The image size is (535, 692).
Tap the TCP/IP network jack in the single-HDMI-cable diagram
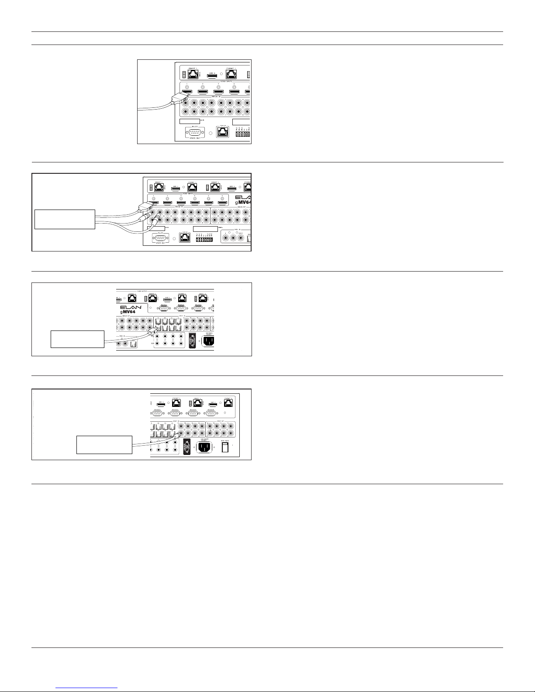pos(223,131)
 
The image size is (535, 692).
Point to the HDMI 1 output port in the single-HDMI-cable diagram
pos(212,76)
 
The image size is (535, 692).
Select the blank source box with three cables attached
pos(65,219)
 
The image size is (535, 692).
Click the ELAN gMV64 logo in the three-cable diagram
pos(243,200)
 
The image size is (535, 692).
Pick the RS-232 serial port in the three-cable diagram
pos(160,238)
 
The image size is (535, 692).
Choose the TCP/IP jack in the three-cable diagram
pos(185,238)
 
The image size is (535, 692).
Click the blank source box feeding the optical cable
pos(78,339)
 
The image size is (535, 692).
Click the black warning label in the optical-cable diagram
pos(191,341)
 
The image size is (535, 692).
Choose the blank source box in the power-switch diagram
pos(104,444)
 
